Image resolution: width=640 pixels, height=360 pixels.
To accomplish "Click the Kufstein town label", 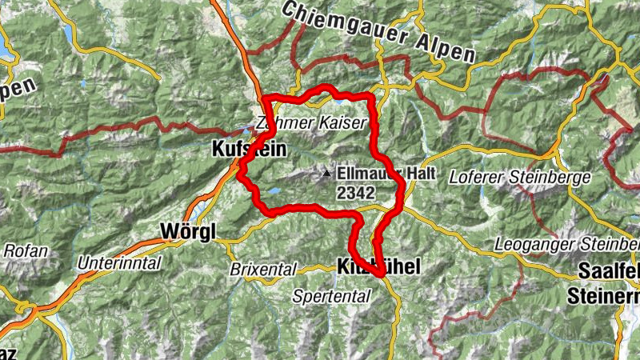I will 241,149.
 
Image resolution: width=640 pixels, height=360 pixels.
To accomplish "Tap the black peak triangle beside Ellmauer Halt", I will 326,172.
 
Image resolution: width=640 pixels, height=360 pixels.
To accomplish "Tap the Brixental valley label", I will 263,270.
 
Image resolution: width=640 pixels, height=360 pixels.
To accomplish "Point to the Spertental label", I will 331,296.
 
